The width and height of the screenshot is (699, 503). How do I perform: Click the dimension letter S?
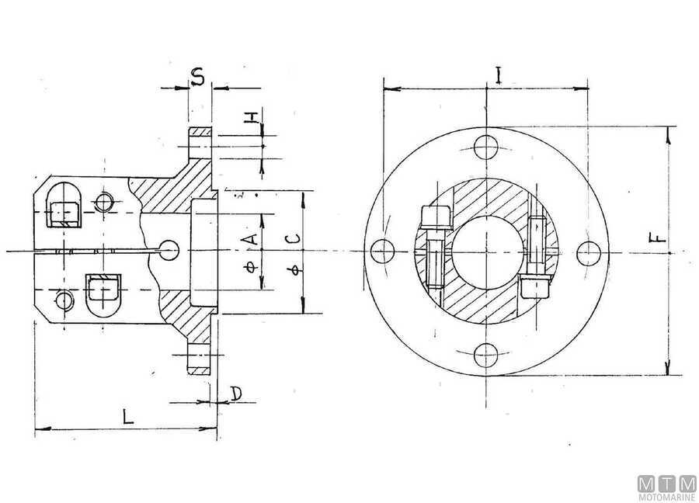(x=198, y=77)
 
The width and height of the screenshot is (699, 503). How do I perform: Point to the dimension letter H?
(x=251, y=117)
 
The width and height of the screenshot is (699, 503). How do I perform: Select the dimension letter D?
(x=235, y=394)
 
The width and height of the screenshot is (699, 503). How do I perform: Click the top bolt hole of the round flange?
(x=485, y=147)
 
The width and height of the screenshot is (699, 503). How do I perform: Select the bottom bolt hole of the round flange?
(x=485, y=356)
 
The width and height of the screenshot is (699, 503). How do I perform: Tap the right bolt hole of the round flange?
(x=590, y=251)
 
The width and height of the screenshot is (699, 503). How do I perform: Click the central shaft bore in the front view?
(x=485, y=251)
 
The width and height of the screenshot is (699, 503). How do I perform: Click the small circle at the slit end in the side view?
(x=168, y=249)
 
